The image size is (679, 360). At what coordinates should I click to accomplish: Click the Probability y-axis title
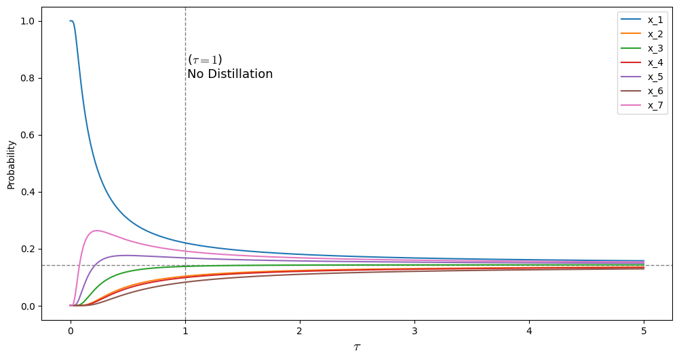point(11,164)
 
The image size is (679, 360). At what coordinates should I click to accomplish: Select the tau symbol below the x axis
point(357,347)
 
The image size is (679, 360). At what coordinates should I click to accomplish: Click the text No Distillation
point(230,74)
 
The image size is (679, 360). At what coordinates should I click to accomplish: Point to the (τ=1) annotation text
point(205,60)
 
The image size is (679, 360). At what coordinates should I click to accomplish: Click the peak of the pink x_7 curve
point(97,231)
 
